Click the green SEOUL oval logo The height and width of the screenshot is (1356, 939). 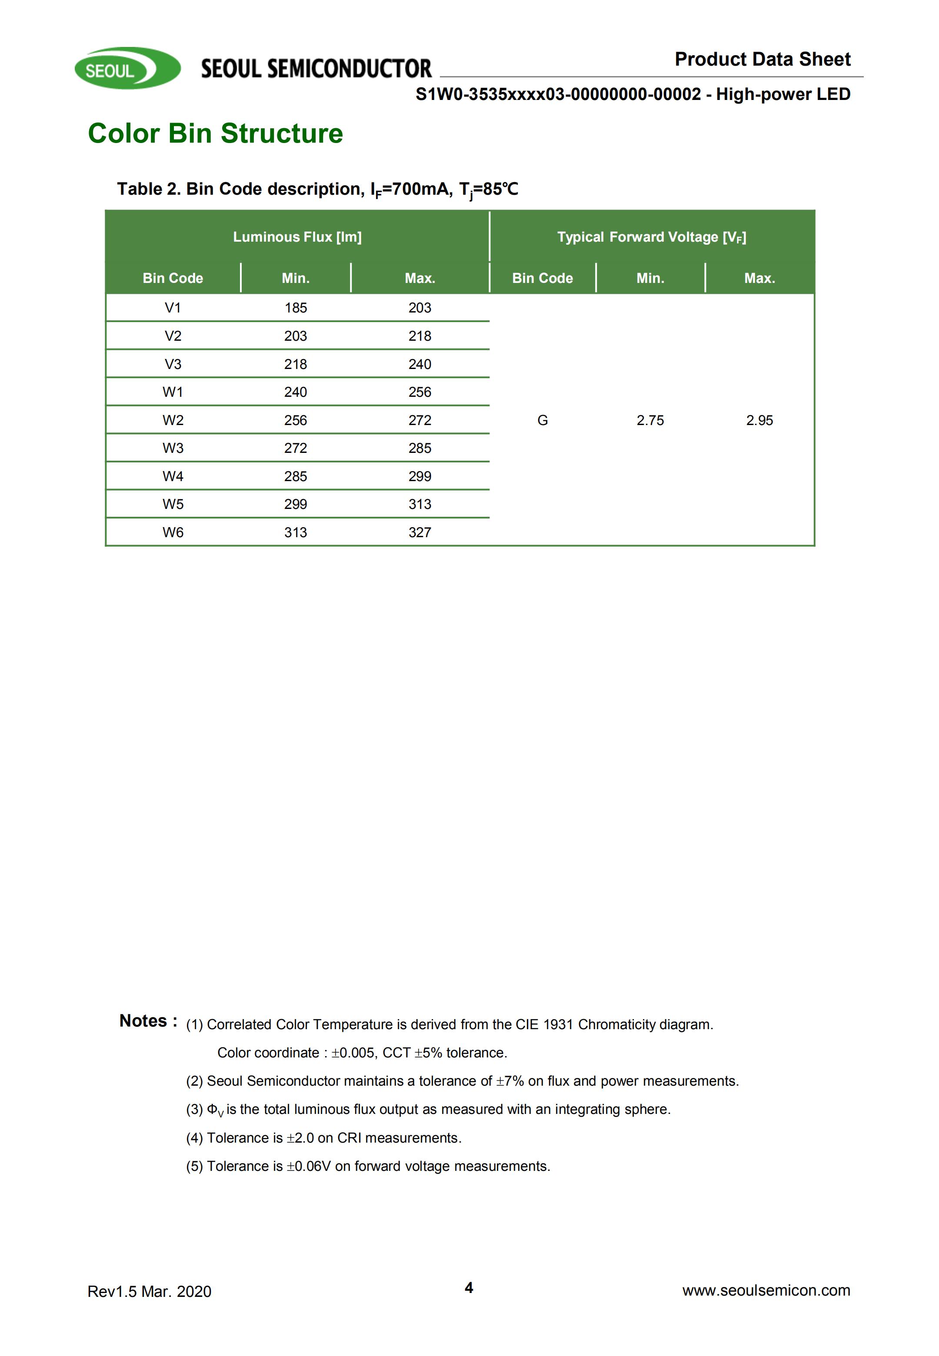(x=127, y=69)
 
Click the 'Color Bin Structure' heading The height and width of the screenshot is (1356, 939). (x=215, y=133)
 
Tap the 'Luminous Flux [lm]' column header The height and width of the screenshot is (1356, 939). (x=297, y=237)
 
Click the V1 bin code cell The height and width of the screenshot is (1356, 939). (x=173, y=308)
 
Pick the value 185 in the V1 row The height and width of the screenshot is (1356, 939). (x=295, y=308)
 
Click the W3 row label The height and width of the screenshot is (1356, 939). (x=173, y=448)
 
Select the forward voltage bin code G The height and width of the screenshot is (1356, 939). (x=543, y=420)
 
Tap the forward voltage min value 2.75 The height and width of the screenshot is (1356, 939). (x=650, y=420)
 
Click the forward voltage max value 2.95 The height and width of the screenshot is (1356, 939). (x=759, y=420)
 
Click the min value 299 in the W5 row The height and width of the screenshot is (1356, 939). (x=295, y=504)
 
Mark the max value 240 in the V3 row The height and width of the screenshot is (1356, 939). (x=420, y=364)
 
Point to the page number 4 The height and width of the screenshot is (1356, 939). (x=469, y=1287)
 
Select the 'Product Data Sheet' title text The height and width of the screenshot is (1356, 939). (x=762, y=60)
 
